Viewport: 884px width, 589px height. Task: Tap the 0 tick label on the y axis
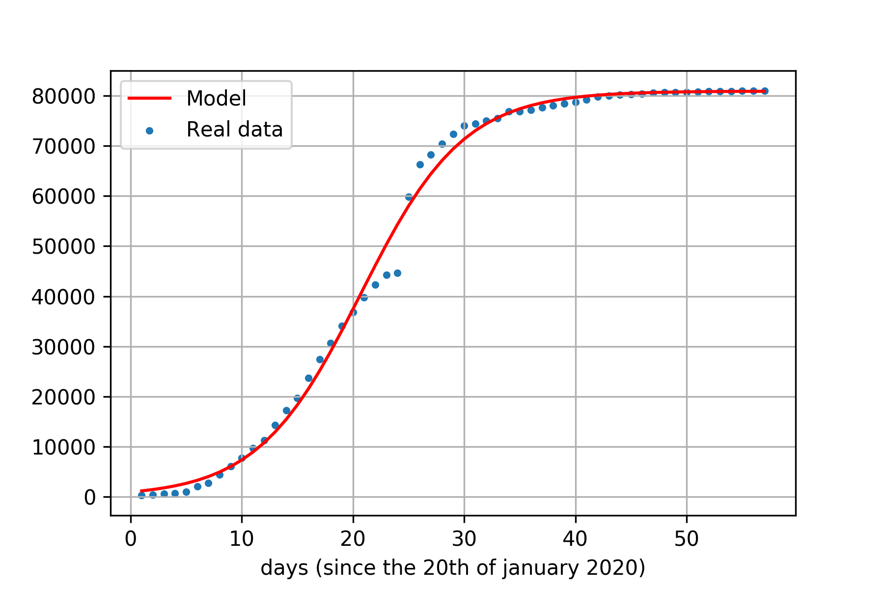(x=90, y=498)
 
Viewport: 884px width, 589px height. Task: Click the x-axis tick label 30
(x=464, y=539)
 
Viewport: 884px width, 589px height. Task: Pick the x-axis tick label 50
(x=687, y=539)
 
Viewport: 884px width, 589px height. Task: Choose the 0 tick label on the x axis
(x=131, y=539)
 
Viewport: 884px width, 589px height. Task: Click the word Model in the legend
(x=216, y=99)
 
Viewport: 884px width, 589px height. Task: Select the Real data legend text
(x=234, y=130)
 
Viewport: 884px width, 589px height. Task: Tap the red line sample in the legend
(x=149, y=98)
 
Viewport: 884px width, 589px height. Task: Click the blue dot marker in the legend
(x=149, y=131)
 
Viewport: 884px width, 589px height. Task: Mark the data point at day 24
(x=397, y=273)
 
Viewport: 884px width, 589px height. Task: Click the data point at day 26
(x=420, y=164)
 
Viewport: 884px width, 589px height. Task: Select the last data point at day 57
(x=765, y=91)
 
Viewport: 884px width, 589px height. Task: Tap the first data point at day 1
(x=141, y=495)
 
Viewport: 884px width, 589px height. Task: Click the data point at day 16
(x=308, y=378)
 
